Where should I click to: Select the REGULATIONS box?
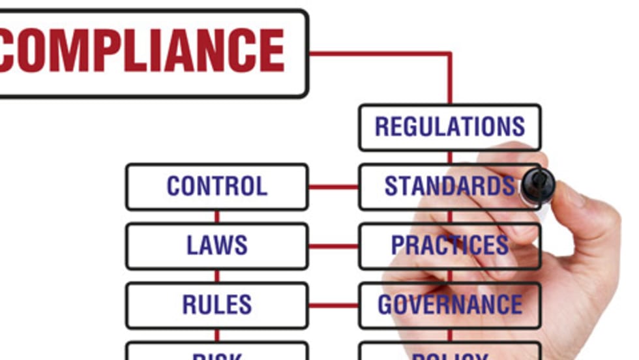click(450, 127)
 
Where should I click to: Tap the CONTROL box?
click(216, 187)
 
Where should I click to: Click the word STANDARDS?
click(449, 187)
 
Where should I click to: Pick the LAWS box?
click(216, 246)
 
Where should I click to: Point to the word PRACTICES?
click(449, 246)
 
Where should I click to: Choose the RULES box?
click(216, 305)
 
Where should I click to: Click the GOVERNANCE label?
click(449, 305)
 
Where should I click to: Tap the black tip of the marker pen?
click(537, 183)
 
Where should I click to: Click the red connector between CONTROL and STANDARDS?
click(333, 187)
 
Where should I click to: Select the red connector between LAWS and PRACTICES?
click(333, 247)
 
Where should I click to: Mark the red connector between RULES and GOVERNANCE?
click(333, 305)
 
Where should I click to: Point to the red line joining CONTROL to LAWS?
click(217, 217)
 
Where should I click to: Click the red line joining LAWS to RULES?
click(217, 276)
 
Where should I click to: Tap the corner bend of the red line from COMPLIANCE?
click(449, 53)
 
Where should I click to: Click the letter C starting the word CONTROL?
click(174, 187)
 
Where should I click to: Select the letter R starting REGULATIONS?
click(383, 127)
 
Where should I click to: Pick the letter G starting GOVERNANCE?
click(386, 305)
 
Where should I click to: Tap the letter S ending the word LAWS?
click(241, 246)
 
